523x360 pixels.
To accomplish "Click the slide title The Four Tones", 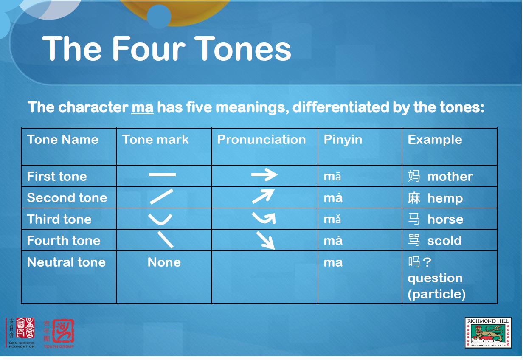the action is [x=166, y=48].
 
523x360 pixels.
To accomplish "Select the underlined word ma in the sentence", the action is [x=143, y=107].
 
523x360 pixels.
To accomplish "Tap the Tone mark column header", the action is [x=155, y=139].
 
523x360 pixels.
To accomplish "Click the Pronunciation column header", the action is [x=261, y=139].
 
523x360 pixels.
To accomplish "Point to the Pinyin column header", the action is [x=343, y=140].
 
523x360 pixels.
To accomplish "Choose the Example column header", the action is [x=435, y=140].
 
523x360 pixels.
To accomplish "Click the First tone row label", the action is [x=57, y=176].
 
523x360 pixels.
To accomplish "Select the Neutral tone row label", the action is [x=66, y=262].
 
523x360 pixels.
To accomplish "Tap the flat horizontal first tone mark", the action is [x=162, y=174].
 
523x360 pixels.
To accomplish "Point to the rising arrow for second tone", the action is [x=263, y=196].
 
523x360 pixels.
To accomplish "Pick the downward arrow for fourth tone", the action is [x=265, y=240].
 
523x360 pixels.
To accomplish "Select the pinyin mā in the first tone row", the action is [x=332, y=177].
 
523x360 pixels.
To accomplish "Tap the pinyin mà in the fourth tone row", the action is [x=333, y=240].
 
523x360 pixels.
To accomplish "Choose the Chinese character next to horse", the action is [x=414, y=219].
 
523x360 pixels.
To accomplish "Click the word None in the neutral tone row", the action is [x=164, y=262].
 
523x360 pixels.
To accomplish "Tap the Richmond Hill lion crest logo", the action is [x=488, y=333].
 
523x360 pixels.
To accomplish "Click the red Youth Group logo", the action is [x=59, y=334].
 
